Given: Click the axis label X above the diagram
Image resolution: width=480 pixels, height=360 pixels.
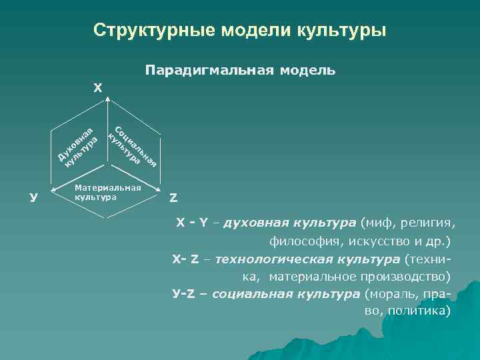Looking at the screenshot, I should coord(98,87).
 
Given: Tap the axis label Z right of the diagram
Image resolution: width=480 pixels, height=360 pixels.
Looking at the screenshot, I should coord(173,197).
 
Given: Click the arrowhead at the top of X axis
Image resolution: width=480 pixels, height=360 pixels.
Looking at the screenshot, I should coord(109,98).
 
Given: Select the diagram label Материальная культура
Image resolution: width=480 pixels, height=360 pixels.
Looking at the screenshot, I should coord(107,193).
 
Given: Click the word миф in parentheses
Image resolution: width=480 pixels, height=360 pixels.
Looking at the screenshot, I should coord(374,222).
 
